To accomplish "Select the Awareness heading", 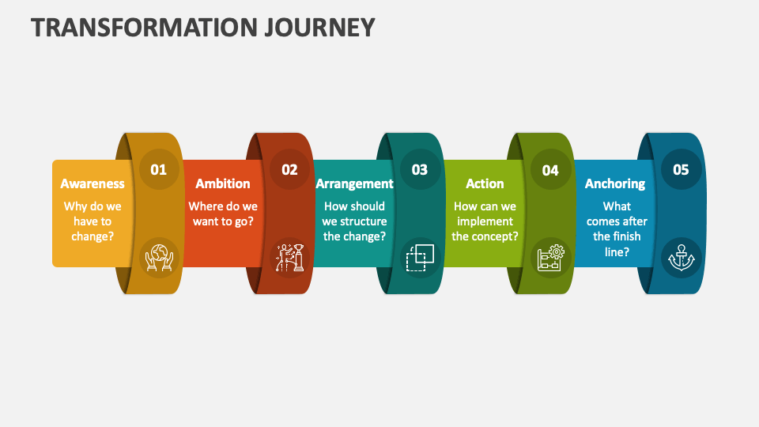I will pyautogui.click(x=93, y=183).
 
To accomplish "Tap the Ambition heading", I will pyautogui.click(x=223, y=183).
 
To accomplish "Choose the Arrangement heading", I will pyautogui.click(x=354, y=183).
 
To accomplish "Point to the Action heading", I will pyautogui.click(x=485, y=183).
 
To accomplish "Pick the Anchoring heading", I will pyautogui.click(x=615, y=183).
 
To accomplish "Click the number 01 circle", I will pyautogui.click(x=159, y=169).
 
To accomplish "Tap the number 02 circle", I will pyautogui.click(x=289, y=169).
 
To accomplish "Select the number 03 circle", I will pyautogui.click(x=420, y=169).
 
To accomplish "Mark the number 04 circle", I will pyautogui.click(x=550, y=169).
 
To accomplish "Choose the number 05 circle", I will pyautogui.click(x=681, y=169).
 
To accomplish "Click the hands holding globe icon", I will pyautogui.click(x=159, y=257).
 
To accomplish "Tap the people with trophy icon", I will pyautogui.click(x=289, y=257).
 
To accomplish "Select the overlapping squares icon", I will pyautogui.click(x=420, y=257).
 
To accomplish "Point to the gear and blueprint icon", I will pyautogui.click(x=550, y=257).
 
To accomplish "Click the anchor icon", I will pyautogui.click(x=681, y=257).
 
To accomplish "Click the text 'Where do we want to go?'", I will pyautogui.click(x=223, y=213).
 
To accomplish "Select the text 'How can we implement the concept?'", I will pyautogui.click(x=485, y=221).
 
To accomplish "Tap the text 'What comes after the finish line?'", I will pyautogui.click(x=617, y=229).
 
